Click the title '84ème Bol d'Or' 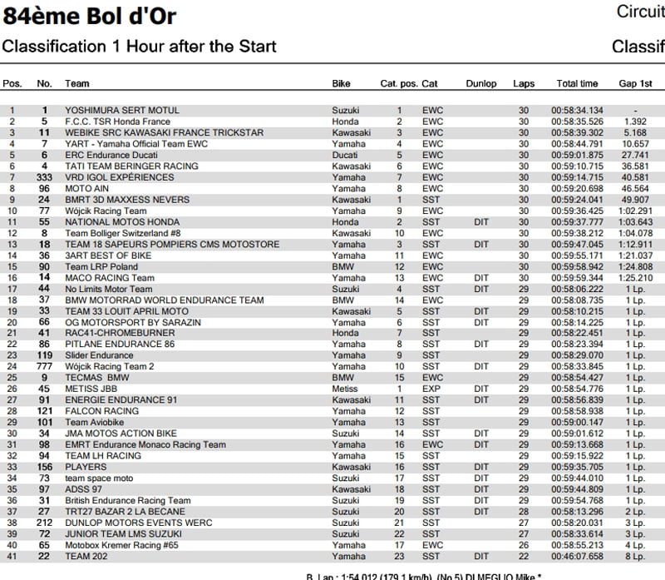click(x=90, y=16)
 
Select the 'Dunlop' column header click(x=481, y=84)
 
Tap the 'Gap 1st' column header click(x=635, y=84)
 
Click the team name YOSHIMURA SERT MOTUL click(x=122, y=110)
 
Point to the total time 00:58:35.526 click(x=577, y=121)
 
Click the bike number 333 click(x=44, y=177)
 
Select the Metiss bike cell click(x=345, y=389)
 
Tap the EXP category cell click(x=431, y=389)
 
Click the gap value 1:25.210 click(x=635, y=278)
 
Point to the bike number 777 click(x=44, y=366)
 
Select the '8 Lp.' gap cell click(x=635, y=557)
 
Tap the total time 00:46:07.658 click(x=577, y=557)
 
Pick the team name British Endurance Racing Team click(x=128, y=501)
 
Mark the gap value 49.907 click(x=635, y=200)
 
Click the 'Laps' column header click(x=524, y=84)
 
